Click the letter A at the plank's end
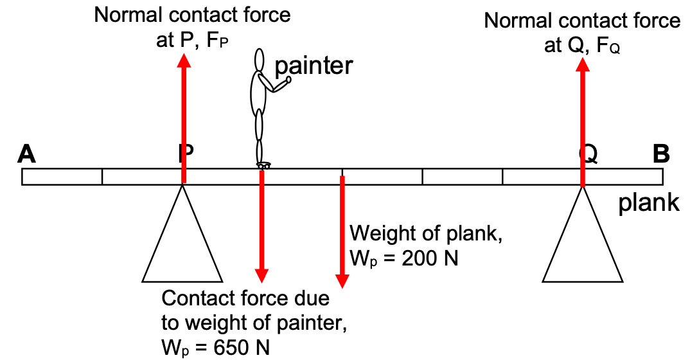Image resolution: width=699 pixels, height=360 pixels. coord(26,154)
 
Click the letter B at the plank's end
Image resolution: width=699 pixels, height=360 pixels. coord(661,154)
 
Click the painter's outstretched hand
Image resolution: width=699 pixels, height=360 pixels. coord(288,80)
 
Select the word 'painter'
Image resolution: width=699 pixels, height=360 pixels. coord(314,66)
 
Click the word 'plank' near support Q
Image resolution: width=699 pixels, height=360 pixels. coord(649,203)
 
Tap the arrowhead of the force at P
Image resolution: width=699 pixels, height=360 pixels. coord(184,60)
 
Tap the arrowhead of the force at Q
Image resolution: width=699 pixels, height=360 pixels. coord(583,64)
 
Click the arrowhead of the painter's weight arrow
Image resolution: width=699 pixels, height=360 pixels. coord(261,275)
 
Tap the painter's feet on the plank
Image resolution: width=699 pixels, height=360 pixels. coord(263,166)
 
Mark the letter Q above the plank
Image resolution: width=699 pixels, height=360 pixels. coord(587,154)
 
